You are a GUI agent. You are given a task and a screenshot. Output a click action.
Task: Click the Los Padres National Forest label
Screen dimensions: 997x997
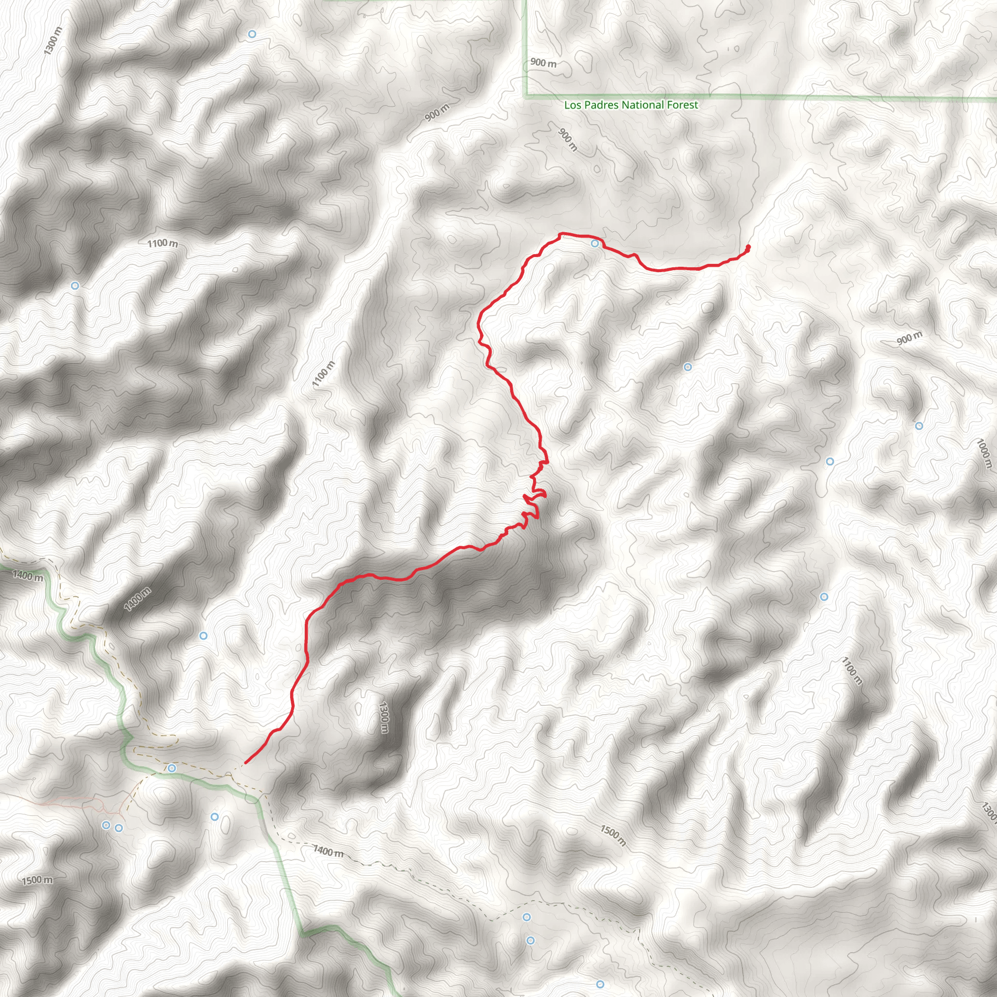[x=630, y=105]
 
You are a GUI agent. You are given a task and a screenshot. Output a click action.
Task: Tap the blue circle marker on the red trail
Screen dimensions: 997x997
[x=595, y=243]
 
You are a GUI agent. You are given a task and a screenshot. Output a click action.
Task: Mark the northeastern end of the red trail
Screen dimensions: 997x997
[x=748, y=247]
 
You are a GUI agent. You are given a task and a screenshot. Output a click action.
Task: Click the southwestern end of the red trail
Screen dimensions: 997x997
[x=245, y=763]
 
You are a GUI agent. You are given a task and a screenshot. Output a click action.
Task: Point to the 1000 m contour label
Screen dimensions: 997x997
[x=983, y=453]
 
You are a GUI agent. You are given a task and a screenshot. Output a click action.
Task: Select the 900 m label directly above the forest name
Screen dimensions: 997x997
[x=543, y=63]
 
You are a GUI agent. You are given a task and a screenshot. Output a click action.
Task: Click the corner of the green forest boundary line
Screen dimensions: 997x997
[x=525, y=96]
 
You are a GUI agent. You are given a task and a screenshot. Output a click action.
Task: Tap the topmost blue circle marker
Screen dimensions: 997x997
[x=252, y=34]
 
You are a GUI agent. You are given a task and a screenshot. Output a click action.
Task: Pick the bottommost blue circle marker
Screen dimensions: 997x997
[x=600, y=984]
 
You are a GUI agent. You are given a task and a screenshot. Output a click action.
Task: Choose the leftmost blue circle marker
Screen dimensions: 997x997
[x=75, y=285]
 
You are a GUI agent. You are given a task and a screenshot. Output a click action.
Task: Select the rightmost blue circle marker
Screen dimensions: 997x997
[x=919, y=426]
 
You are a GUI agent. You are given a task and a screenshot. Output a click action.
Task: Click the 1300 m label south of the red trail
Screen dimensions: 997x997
[x=384, y=717]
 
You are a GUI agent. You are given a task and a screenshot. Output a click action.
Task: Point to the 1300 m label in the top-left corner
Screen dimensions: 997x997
[x=53, y=41]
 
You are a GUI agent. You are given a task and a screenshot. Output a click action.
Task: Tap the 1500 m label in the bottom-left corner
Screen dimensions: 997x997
[x=37, y=880]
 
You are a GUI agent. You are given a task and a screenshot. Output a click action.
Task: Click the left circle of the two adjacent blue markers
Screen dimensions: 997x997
[x=106, y=825]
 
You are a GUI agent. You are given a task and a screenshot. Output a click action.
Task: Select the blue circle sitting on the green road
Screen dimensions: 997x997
[x=172, y=768]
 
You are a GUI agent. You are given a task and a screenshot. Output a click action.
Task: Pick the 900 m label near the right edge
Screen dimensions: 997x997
[x=909, y=338]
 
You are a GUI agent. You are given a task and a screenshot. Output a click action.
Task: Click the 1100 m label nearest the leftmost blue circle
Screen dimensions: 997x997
[x=163, y=243]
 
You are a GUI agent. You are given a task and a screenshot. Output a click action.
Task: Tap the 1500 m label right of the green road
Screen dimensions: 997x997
[x=612, y=835]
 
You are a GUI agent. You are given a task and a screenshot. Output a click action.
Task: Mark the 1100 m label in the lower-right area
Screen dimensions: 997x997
[x=851, y=671]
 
